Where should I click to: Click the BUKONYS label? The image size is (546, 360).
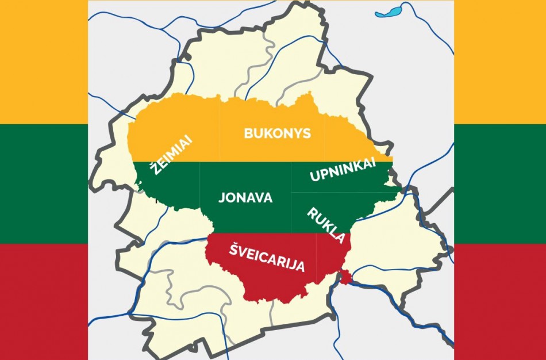point(277,133)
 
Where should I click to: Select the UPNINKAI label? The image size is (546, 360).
point(343,171)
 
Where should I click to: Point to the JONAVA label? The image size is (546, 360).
point(245,197)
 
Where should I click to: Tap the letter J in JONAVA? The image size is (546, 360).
point(222,197)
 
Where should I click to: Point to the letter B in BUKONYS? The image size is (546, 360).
point(248,133)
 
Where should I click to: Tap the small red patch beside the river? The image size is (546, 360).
point(345,278)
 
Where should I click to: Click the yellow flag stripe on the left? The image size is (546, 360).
point(44,60)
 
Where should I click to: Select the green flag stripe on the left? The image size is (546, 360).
point(44,182)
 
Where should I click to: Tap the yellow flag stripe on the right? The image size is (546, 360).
point(500,60)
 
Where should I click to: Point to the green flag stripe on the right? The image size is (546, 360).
point(500,182)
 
